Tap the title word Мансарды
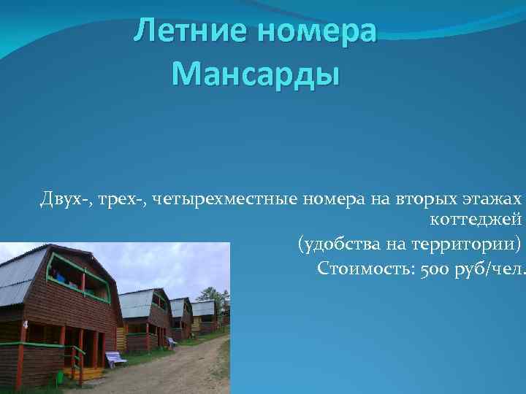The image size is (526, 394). coord(256,74)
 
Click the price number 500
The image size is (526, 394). coord(432,269)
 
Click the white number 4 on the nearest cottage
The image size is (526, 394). coord(26,324)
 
